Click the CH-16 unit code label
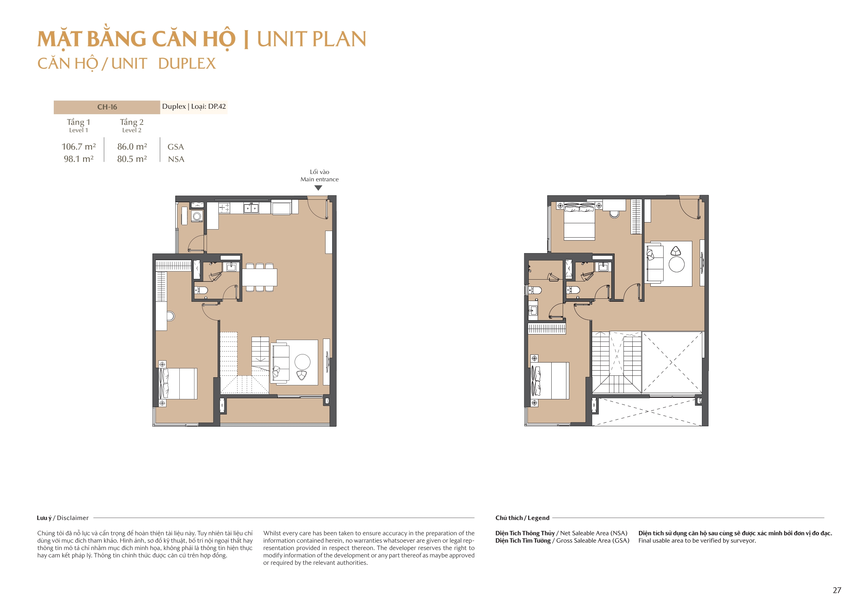pyautogui.click(x=107, y=107)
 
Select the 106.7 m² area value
pyautogui.click(x=79, y=147)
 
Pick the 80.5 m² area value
pyautogui.click(x=132, y=159)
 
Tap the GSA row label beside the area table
pyautogui.click(x=176, y=147)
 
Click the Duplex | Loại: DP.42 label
pyautogui.click(x=194, y=106)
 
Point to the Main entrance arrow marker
pyautogui.click(x=319, y=188)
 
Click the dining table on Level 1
pyautogui.click(x=260, y=278)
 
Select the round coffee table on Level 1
pyautogui.click(x=302, y=362)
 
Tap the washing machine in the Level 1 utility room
pyautogui.click(x=197, y=216)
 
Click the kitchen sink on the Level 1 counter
pyautogui.click(x=250, y=207)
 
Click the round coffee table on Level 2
pyautogui.click(x=676, y=264)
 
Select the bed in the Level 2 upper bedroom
pyautogui.click(x=579, y=222)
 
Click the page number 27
pyautogui.click(x=837, y=590)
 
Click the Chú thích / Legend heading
pyautogui.click(x=522, y=518)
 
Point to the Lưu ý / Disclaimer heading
pyautogui.click(x=63, y=518)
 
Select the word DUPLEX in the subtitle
pyautogui.click(x=187, y=64)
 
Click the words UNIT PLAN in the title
pyautogui.click(x=311, y=39)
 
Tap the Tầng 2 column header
pyautogui.click(x=131, y=122)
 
